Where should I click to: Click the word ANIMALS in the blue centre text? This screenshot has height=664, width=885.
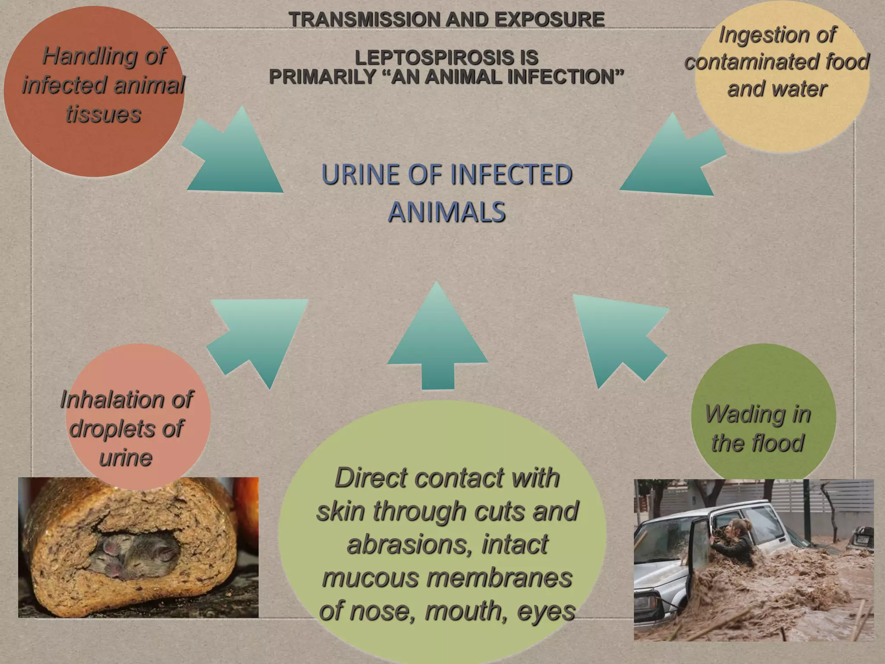(447, 212)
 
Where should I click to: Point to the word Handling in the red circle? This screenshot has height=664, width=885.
(104, 56)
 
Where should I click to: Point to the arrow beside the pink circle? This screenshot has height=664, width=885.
(259, 337)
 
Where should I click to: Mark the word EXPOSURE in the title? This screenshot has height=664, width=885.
(549, 19)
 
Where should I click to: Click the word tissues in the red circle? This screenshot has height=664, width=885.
(104, 114)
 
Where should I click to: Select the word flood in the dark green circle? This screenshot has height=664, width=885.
(778, 443)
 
